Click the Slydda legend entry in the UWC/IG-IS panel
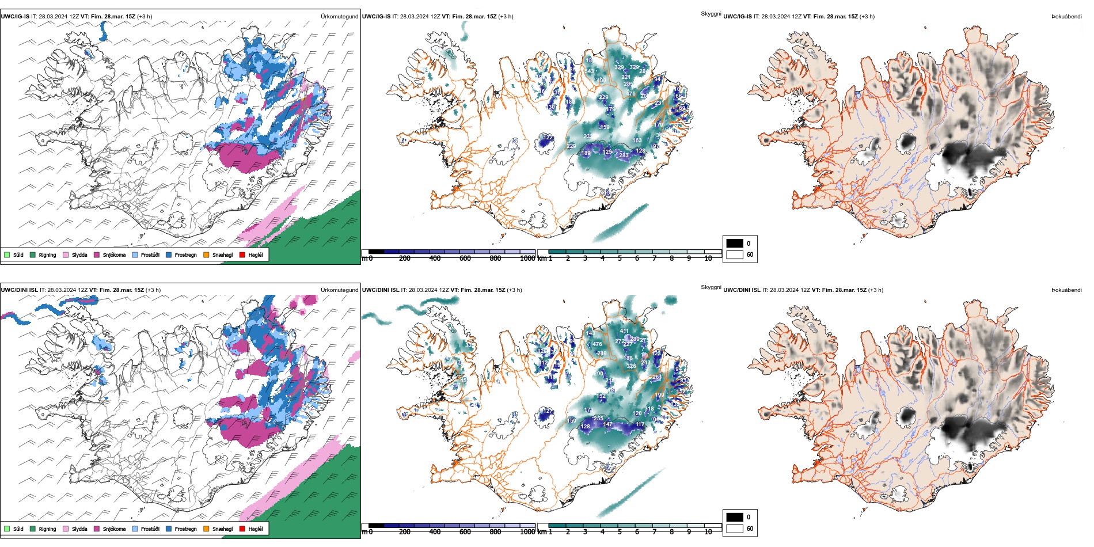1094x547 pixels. (79, 255)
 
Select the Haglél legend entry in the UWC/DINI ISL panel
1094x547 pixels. (255, 529)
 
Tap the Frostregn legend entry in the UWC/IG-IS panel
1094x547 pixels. (185, 255)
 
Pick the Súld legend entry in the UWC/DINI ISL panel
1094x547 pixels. (18, 529)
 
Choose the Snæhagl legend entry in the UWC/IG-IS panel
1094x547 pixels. (222, 255)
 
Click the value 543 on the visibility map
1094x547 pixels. (590, 71)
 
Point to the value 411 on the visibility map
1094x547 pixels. (625, 331)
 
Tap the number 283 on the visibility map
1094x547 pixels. (624, 155)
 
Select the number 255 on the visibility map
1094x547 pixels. (598, 419)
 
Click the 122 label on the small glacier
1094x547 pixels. (548, 138)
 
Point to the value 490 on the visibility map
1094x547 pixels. (601, 80)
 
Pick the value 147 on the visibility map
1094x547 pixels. (608, 424)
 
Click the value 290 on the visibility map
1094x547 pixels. (598, 374)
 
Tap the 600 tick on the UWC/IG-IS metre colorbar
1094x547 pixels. (465, 259)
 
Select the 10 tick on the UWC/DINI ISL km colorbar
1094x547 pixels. (708, 532)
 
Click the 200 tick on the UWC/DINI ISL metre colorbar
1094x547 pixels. (405, 532)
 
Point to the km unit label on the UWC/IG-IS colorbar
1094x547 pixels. (542, 259)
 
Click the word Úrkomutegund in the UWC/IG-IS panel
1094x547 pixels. (339, 17)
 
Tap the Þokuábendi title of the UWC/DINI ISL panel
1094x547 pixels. (1066, 290)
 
